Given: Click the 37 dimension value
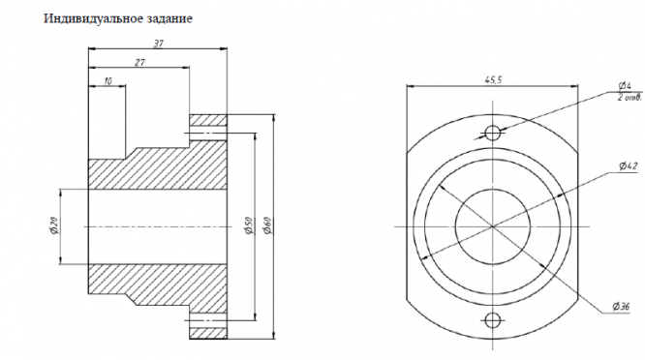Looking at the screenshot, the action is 159,44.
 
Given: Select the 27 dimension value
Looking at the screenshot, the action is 139,63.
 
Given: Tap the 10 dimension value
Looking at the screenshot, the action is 107,81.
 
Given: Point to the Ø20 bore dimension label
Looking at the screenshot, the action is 54,225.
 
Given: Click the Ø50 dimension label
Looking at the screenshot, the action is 248,225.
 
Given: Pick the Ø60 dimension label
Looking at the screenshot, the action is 267,225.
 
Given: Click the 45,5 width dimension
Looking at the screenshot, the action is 493,80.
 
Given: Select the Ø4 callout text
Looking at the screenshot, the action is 625,86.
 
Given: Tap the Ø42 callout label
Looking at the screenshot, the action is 628,166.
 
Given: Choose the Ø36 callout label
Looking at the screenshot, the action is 621,307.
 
